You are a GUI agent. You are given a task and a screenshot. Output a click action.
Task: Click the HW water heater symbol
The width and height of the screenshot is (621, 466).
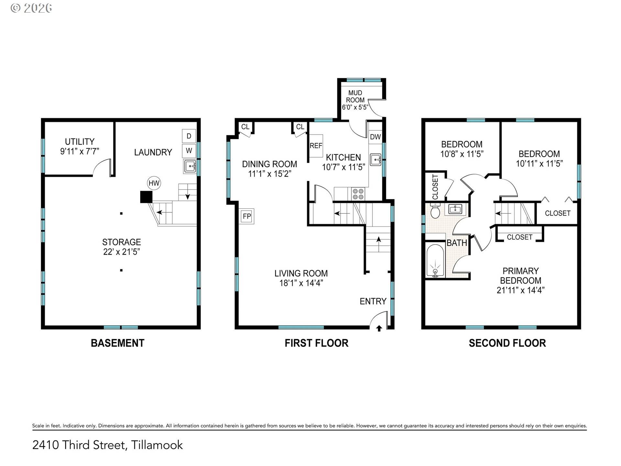point(154,183)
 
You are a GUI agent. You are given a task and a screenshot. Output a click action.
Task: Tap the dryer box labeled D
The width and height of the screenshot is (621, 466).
point(189,136)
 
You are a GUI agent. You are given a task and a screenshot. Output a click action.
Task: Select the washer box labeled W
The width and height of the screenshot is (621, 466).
point(189,150)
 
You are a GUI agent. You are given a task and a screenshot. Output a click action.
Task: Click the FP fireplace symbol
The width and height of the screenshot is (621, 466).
point(247,216)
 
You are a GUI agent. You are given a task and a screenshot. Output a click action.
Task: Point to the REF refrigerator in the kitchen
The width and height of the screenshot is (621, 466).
point(316,146)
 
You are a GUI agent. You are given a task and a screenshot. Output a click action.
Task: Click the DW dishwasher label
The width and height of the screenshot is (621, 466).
point(375,137)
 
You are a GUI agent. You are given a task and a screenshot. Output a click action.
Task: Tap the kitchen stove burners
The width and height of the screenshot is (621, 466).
point(358,194)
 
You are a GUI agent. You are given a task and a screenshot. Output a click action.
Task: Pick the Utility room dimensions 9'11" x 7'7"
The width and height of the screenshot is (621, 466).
point(80,151)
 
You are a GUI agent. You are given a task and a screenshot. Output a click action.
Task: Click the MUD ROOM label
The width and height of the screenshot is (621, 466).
point(355,96)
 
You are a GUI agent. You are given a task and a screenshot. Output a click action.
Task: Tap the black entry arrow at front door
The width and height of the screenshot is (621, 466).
point(379,328)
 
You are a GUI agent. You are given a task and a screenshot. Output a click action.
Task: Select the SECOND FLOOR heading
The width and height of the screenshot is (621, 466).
point(507,343)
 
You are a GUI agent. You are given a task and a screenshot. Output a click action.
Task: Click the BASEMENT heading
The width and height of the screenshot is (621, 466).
point(117,343)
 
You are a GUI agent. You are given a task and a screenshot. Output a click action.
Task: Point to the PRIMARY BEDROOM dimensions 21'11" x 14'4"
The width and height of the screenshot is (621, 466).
point(520,290)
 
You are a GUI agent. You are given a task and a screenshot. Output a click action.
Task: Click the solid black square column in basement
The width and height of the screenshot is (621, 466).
point(146,197)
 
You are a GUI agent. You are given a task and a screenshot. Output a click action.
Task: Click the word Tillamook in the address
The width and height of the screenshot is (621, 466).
point(157,445)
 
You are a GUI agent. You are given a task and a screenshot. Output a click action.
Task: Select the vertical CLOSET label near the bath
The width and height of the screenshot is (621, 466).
point(435,187)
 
